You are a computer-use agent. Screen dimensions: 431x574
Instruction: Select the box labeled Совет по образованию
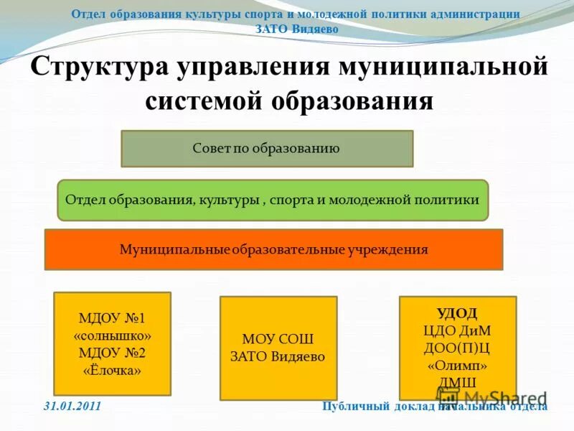pos(267,149)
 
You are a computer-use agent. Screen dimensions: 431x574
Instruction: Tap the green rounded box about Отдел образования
pos(272,200)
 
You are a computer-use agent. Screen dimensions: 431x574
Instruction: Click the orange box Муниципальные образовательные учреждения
pos(273,250)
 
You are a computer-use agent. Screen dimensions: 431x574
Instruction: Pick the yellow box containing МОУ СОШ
pos(278,348)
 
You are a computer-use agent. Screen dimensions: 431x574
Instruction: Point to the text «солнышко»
pos(113,335)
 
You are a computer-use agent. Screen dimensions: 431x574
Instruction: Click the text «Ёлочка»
pos(113,371)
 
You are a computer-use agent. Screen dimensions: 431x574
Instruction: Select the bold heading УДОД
pos(457,312)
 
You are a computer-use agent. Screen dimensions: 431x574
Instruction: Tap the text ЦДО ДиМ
pos(457,330)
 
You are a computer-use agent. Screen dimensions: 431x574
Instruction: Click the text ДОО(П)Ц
pos(457,347)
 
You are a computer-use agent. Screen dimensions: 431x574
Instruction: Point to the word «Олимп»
pos(457,364)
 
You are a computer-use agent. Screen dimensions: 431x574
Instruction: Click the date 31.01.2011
pos(72,407)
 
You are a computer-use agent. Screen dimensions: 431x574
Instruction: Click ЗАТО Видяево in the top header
pos(296,29)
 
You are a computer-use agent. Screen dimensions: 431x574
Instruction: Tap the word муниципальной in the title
pos(443,69)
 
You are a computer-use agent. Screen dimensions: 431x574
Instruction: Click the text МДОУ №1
pos(113,318)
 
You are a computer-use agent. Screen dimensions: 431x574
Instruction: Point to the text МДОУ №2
pos(113,353)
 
